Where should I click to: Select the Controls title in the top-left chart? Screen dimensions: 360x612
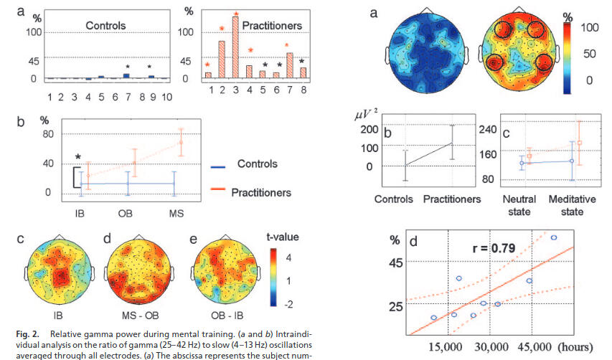coord(105,26)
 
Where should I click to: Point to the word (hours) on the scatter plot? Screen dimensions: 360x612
coord(573,347)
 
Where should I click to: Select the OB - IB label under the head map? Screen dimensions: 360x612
coord(221,316)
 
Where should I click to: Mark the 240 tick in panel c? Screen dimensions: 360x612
coord(489,130)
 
